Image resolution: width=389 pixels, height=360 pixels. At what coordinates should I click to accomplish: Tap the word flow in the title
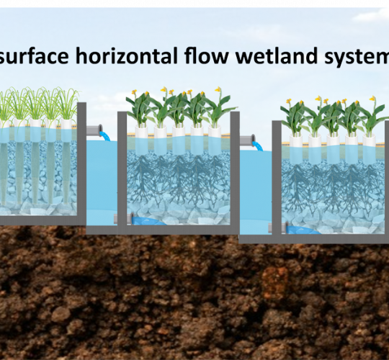(206, 55)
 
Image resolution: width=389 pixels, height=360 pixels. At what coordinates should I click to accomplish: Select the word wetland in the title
(277, 55)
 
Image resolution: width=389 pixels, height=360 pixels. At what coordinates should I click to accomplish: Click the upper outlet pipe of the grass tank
(94, 130)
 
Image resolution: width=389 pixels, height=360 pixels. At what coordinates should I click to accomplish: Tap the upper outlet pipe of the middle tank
(247, 140)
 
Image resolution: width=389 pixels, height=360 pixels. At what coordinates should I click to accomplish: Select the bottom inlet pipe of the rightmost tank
(278, 228)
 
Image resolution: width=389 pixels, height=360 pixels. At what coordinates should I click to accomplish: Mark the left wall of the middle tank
(122, 171)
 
